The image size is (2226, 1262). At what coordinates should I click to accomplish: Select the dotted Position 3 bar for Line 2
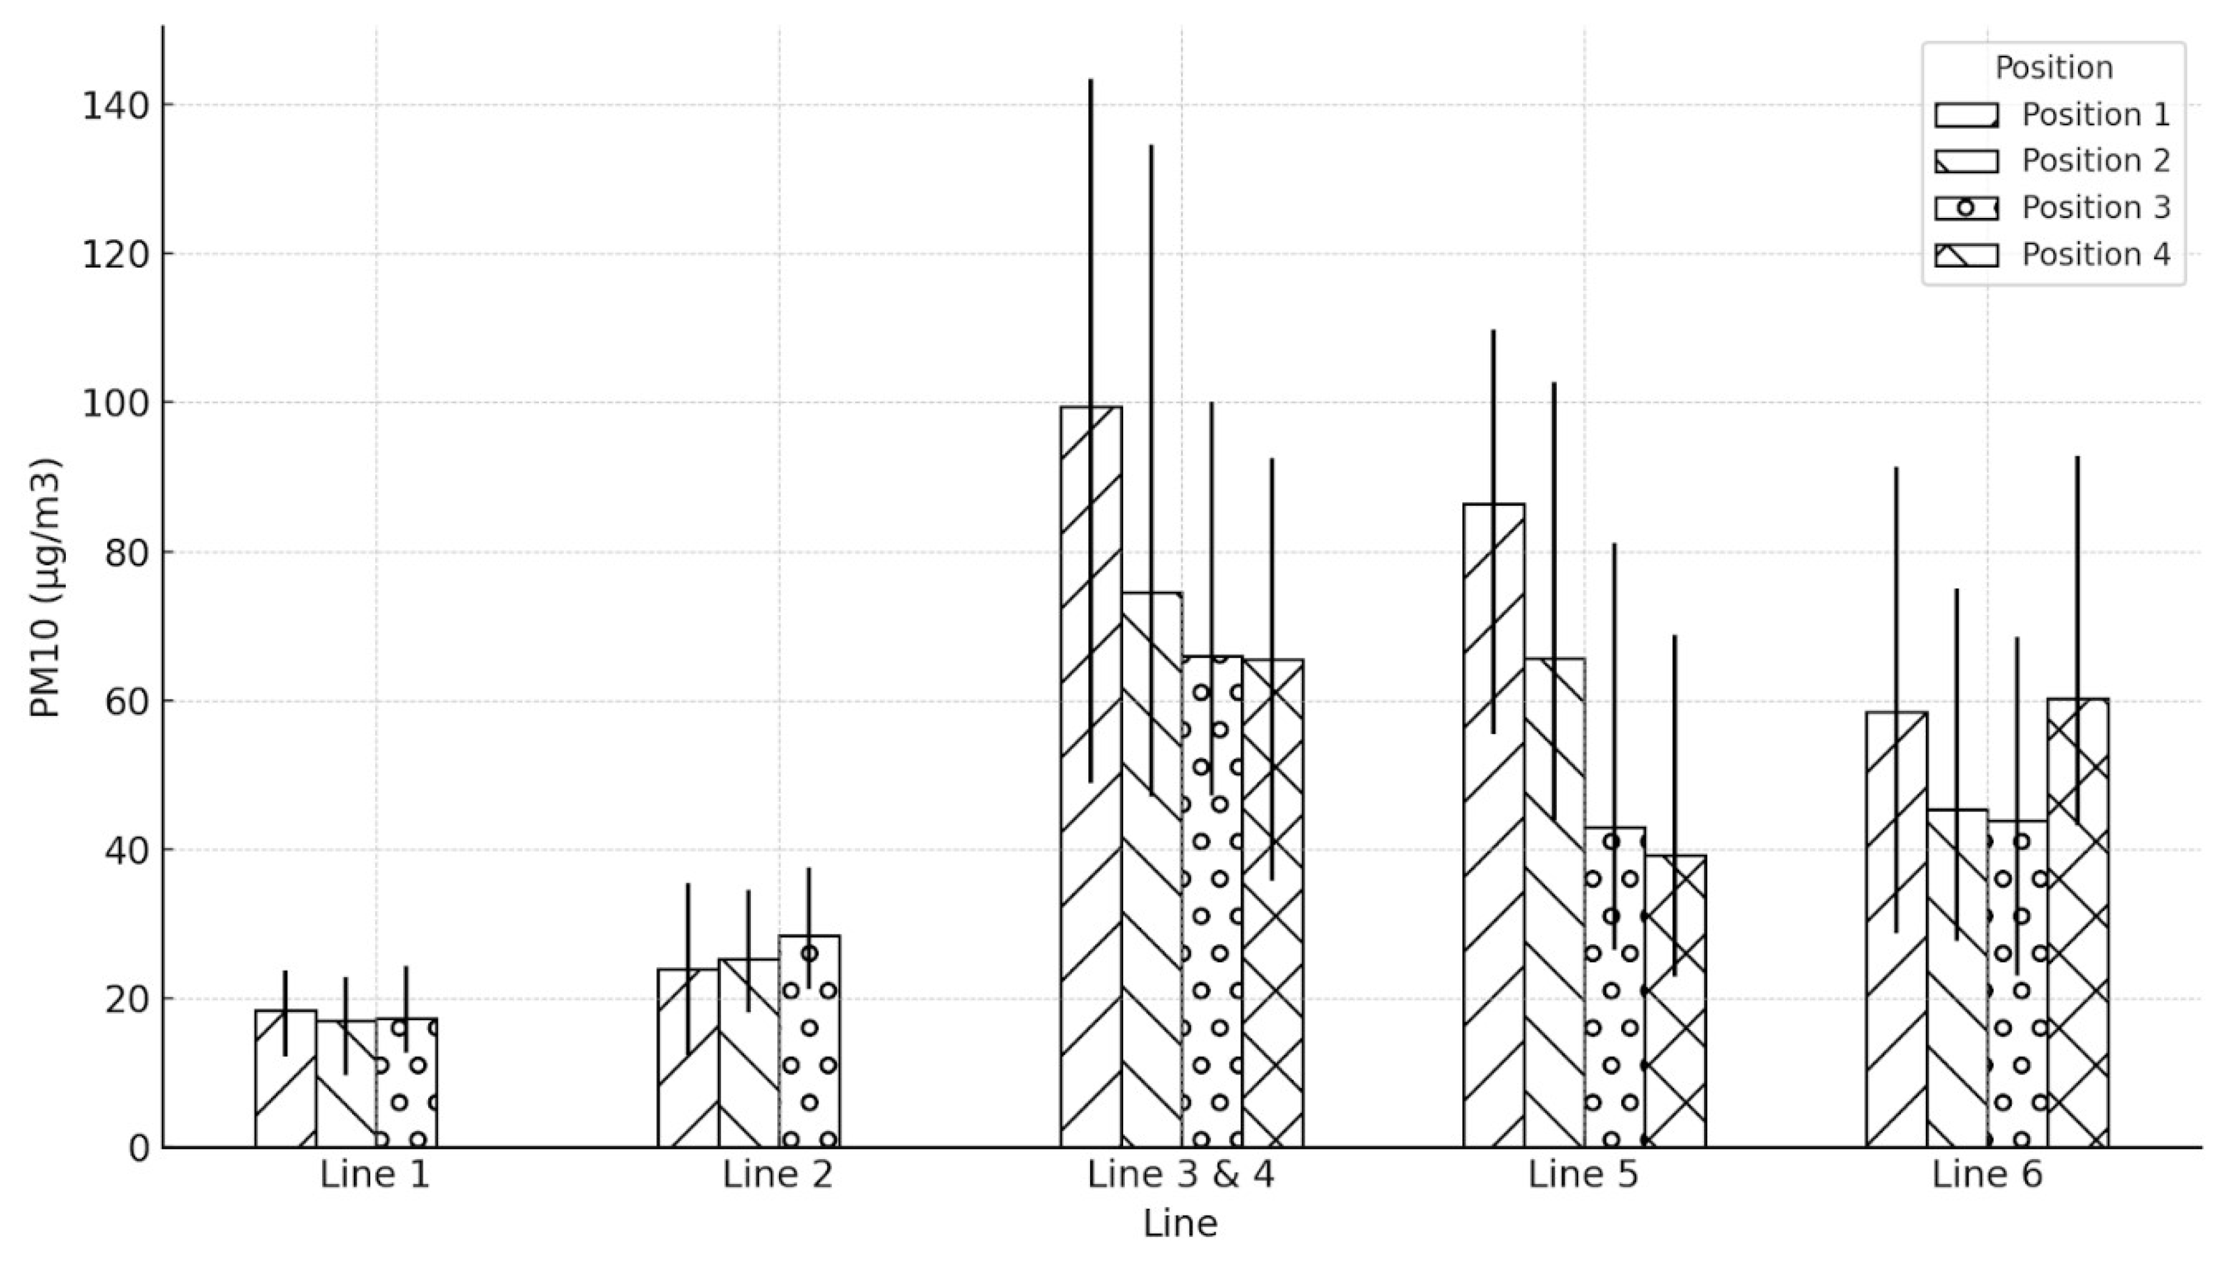pyautogui.click(x=809, y=1041)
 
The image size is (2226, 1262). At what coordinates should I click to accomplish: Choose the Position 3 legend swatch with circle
pyautogui.click(x=1967, y=208)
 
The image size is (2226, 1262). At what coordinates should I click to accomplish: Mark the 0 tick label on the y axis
pyautogui.click(x=139, y=1148)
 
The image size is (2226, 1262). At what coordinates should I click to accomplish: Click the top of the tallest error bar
pyautogui.click(x=1090, y=80)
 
